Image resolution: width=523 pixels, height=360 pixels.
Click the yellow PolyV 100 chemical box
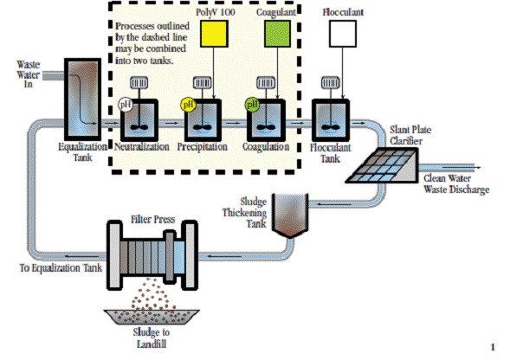pos(214,34)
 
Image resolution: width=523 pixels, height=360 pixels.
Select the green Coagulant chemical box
pos(277,34)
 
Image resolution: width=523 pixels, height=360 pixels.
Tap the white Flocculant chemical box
pos(344,34)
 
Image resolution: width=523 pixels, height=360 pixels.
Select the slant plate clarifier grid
pos(377,162)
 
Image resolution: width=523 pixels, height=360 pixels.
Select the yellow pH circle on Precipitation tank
pos(187,105)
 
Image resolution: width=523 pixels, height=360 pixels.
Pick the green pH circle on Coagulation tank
pos(252,105)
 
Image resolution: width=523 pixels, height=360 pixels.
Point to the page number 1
pos(493,348)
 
